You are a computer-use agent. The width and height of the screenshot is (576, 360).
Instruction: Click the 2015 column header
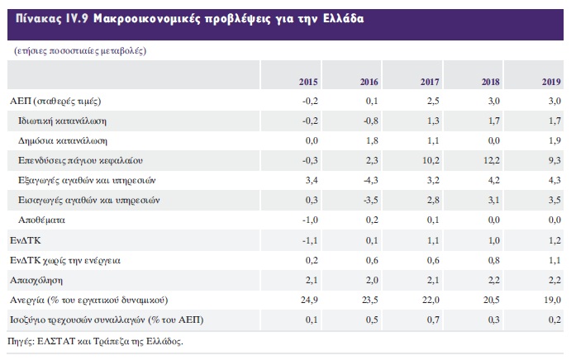pyautogui.click(x=308, y=82)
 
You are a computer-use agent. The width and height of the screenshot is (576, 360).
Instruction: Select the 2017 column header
pyautogui.click(x=430, y=82)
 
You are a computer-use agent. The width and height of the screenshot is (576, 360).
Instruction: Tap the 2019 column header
pyautogui.click(x=551, y=82)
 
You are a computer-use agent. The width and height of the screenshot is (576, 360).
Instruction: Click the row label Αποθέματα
pyautogui.click(x=41, y=220)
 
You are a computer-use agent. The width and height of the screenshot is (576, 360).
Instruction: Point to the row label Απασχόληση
pyautogui.click(x=36, y=281)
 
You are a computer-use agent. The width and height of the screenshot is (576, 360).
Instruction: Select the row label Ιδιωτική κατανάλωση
pyautogui.click(x=62, y=121)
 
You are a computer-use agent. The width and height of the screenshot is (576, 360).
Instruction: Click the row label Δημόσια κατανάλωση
pyautogui.click(x=63, y=140)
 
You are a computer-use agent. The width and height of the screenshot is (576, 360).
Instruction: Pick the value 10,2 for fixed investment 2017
pyautogui.click(x=431, y=160)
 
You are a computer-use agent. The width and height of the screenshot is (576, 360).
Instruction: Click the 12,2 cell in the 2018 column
pyautogui.click(x=492, y=160)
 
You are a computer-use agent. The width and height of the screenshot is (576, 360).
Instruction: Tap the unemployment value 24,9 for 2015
pyautogui.click(x=309, y=300)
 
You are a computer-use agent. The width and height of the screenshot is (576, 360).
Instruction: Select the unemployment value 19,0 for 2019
pyautogui.click(x=553, y=300)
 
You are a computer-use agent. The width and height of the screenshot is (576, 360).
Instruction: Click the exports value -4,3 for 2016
pyautogui.click(x=370, y=180)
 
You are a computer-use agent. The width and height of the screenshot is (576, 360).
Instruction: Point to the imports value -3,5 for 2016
pyautogui.click(x=370, y=200)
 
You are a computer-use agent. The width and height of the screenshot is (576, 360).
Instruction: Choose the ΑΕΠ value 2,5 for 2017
pyautogui.click(x=433, y=101)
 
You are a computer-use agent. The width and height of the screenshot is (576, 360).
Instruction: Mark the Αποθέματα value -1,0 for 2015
pyautogui.click(x=310, y=220)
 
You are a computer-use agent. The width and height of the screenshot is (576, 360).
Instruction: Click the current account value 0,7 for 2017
pyautogui.click(x=433, y=320)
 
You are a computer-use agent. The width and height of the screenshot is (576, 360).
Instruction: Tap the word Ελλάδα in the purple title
pyautogui.click(x=344, y=18)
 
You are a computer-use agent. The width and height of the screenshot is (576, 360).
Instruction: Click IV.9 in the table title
pyautogui.click(x=77, y=18)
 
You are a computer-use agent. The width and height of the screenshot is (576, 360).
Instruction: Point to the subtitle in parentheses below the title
pyautogui.click(x=80, y=50)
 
